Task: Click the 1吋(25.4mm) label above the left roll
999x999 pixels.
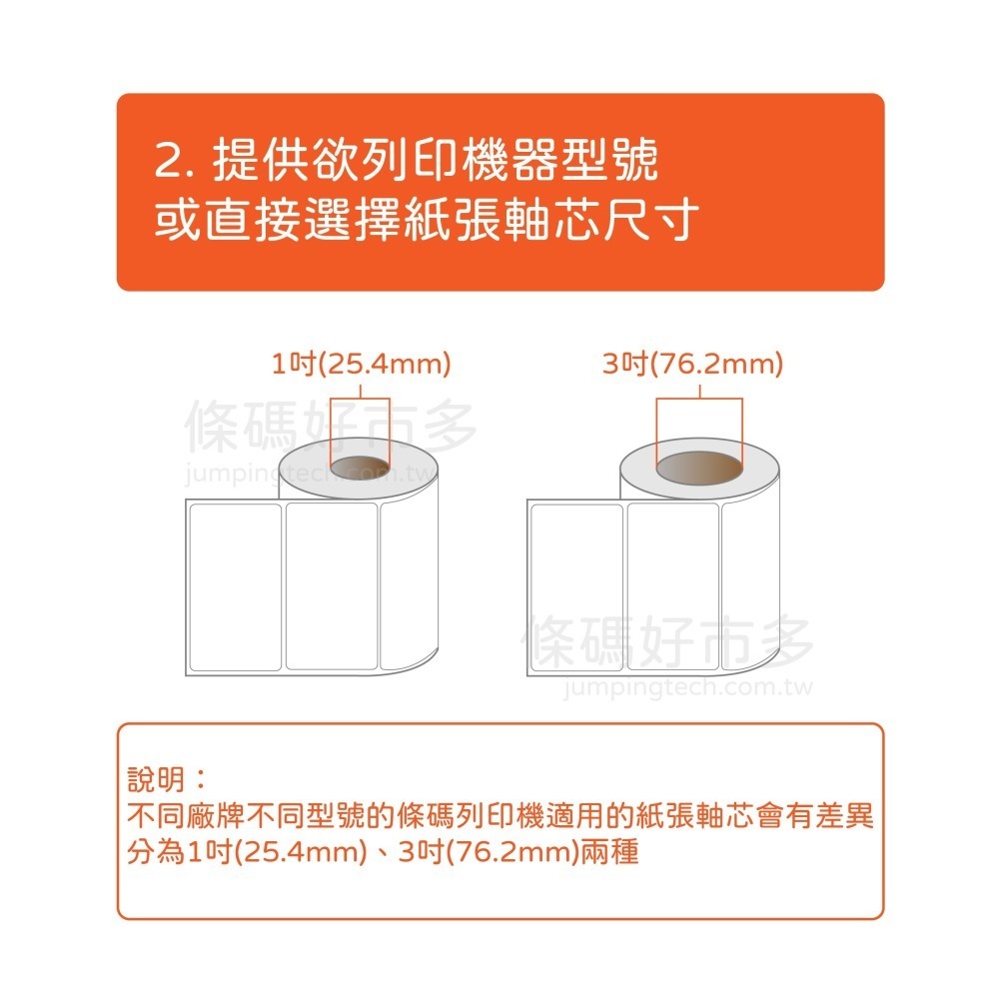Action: (362, 364)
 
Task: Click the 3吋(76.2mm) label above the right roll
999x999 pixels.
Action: (692, 364)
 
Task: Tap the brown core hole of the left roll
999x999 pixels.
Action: (361, 466)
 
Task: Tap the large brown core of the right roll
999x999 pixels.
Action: (698, 468)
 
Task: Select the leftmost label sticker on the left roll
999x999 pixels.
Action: (235, 586)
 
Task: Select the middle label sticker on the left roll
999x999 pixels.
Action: (332, 586)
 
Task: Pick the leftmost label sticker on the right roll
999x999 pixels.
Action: (576, 586)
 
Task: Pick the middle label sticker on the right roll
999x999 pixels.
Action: (672, 586)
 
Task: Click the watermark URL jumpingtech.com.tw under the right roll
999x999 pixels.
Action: (688, 688)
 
